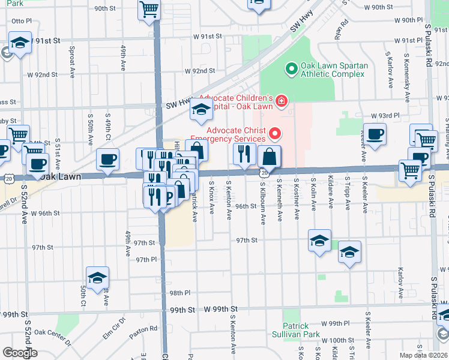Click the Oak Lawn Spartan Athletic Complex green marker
pyautogui.click(x=292, y=69)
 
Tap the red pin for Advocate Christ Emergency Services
pyautogui.click(x=276, y=132)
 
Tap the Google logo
pyautogui.click(x=20, y=353)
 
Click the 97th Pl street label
pyautogui.click(x=146, y=259)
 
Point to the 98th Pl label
pyautogui.click(x=179, y=293)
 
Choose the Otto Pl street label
pyautogui.click(x=22, y=20)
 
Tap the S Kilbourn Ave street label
pyautogui.click(x=263, y=205)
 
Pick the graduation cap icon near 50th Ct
pyautogui.click(x=97, y=278)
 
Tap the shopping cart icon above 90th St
pyautogui.click(x=149, y=9)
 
